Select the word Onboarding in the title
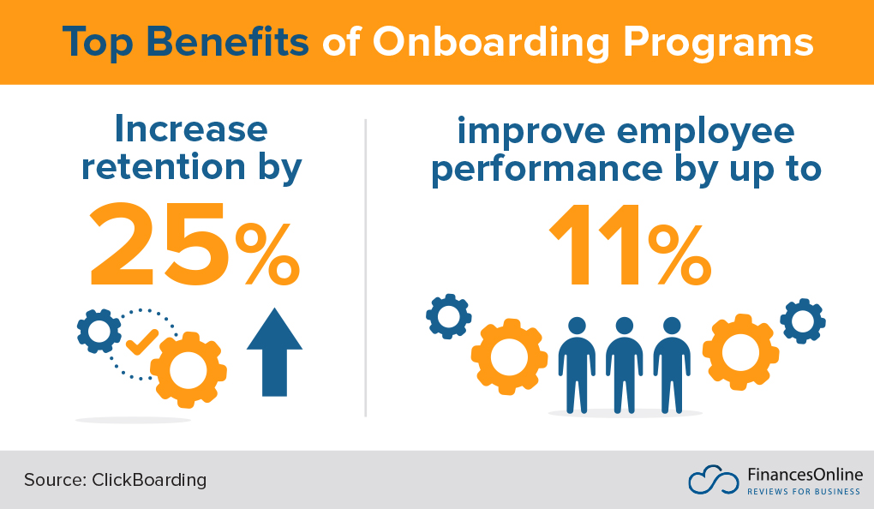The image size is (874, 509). point(487,43)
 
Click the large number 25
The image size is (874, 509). point(158,246)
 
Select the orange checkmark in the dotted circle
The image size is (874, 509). point(141,341)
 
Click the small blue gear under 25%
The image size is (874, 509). point(99,329)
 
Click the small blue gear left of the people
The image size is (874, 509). point(448,316)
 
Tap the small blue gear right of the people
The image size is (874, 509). point(803,321)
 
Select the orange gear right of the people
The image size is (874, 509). point(740,351)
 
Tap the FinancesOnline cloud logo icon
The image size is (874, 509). point(713,480)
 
